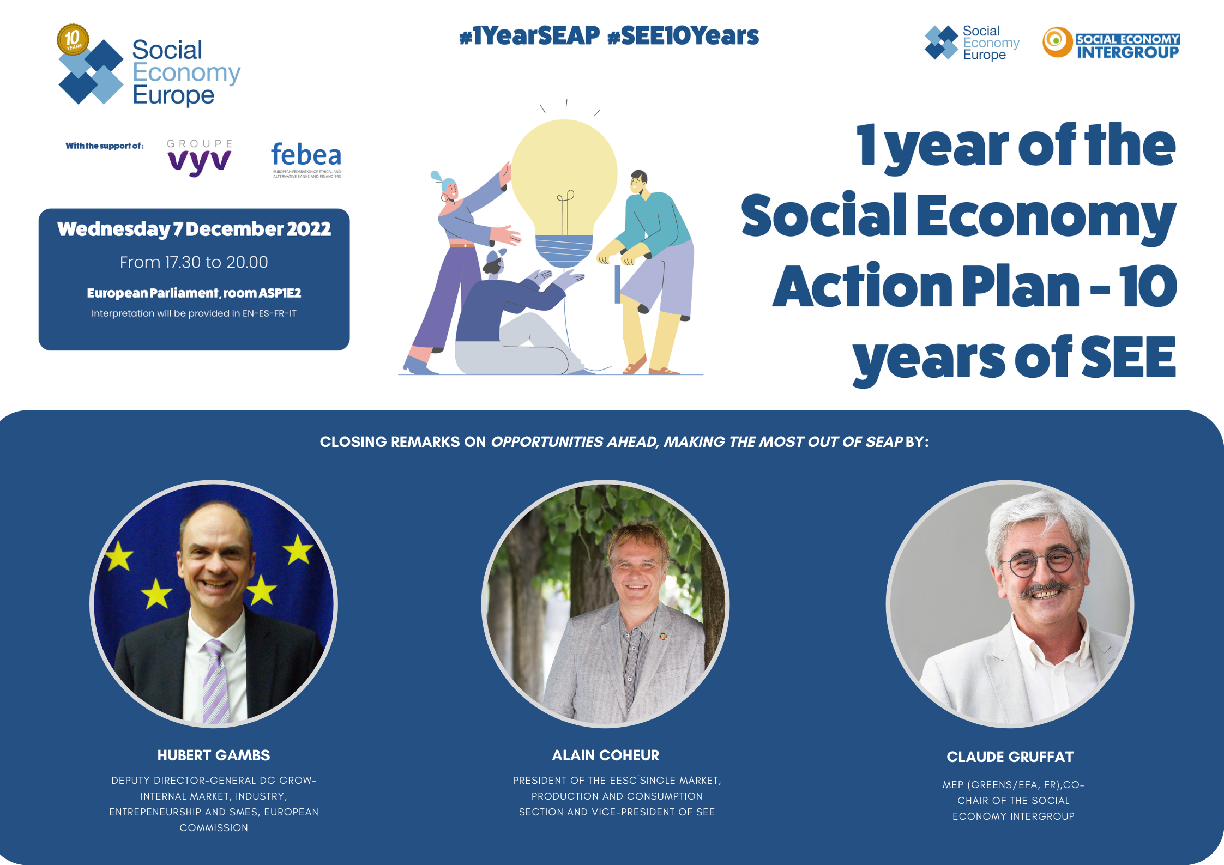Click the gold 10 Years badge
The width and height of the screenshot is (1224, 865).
click(73, 40)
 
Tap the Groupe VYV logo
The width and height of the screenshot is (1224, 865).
click(200, 158)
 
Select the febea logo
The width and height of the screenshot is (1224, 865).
click(306, 159)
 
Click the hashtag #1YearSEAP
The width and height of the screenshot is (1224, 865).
click(529, 36)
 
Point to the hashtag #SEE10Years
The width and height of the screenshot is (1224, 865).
click(683, 36)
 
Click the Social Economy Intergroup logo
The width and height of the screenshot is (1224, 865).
click(1111, 43)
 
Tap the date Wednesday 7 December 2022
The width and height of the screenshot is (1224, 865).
click(194, 229)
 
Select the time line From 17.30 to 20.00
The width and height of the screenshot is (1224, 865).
click(194, 262)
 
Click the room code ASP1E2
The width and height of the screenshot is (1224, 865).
click(280, 293)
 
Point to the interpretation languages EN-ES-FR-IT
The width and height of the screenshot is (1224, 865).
click(269, 313)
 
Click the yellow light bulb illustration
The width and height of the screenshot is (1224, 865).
click(564, 191)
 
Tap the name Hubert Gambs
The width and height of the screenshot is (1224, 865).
click(214, 755)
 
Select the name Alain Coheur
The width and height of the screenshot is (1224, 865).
click(606, 755)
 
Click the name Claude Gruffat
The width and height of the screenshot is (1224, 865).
click(1010, 757)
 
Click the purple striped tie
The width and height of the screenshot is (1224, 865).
click(217, 682)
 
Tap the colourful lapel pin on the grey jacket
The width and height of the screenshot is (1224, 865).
click(663, 636)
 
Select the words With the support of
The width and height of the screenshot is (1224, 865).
click(105, 146)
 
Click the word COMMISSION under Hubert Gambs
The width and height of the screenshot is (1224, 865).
click(214, 828)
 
